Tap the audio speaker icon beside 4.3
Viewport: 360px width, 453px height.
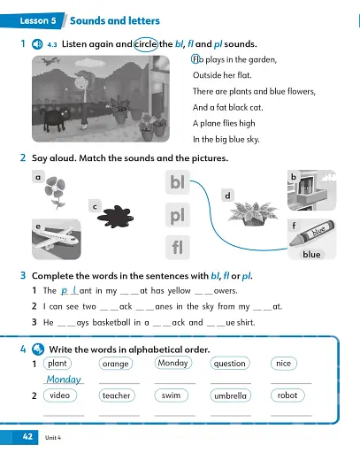coord(36,42)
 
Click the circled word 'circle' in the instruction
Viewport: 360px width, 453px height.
coord(145,42)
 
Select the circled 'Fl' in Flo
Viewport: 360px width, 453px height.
coord(196,59)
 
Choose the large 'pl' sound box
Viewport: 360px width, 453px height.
coord(178,216)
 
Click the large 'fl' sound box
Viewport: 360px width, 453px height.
coord(178,247)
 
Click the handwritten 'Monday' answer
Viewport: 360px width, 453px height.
coord(64,379)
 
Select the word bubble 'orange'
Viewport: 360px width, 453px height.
coord(116,364)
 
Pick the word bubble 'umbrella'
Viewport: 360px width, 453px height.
coord(230,395)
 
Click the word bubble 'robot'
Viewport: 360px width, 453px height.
coord(287,395)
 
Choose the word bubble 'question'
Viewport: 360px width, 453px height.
coord(230,364)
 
